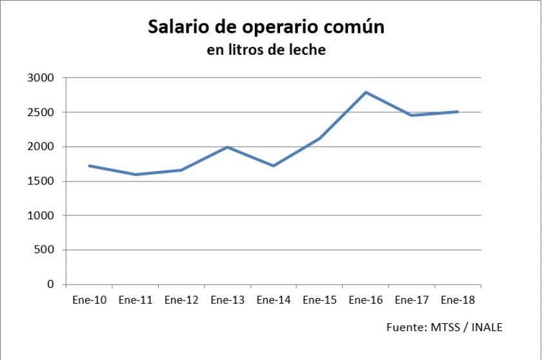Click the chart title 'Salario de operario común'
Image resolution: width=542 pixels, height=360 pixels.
pyautogui.click(x=266, y=27)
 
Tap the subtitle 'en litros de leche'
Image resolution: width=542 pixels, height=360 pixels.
pyautogui.click(x=266, y=50)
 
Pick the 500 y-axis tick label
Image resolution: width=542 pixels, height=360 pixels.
pyautogui.click(x=47, y=250)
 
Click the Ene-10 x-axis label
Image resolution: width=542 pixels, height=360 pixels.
pyautogui.click(x=89, y=300)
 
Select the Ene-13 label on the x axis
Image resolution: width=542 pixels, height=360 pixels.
pyautogui.click(x=227, y=300)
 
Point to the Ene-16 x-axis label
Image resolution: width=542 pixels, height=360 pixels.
pyautogui.click(x=366, y=300)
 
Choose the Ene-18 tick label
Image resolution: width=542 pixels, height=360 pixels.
pyautogui.click(x=457, y=300)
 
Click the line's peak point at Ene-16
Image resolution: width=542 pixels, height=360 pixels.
pyautogui.click(x=366, y=92)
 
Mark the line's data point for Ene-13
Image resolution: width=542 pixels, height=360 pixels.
pyautogui.click(x=227, y=147)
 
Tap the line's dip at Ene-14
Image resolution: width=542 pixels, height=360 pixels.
pyautogui.click(x=274, y=166)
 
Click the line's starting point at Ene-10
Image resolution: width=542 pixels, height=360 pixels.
pyautogui.click(x=89, y=166)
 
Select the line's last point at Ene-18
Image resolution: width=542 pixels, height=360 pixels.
pyautogui.click(x=457, y=112)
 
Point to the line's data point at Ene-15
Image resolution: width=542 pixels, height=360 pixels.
pyautogui.click(x=320, y=138)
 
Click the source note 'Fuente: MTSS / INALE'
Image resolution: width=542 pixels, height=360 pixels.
pyautogui.click(x=444, y=328)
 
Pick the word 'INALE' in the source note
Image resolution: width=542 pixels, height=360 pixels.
pyautogui.click(x=487, y=328)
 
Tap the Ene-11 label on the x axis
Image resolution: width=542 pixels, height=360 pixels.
pyautogui.click(x=135, y=300)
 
